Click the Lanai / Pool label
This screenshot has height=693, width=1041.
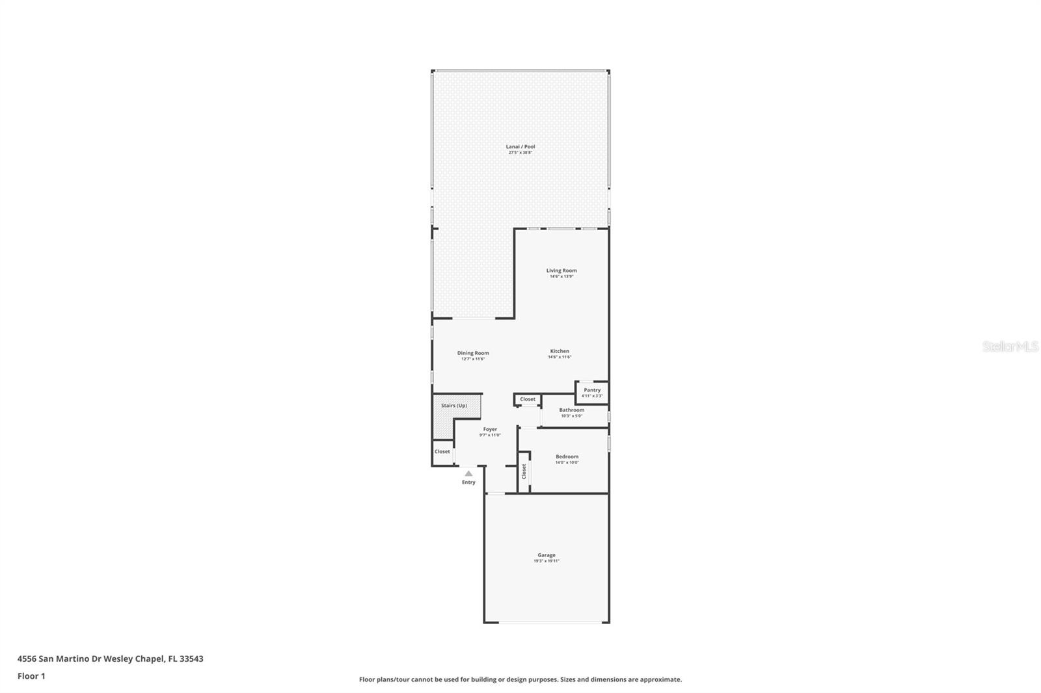(x=520, y=147)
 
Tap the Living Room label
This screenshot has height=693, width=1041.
(x=561, y=270)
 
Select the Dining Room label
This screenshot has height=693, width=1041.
(x=473, y=353)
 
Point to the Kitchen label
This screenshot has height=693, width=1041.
(x=560, y=351)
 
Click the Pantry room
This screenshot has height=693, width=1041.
(x=592, y=392)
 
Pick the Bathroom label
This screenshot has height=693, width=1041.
(x=572, y=410)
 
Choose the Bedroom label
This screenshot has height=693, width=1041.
(x=567, y=456)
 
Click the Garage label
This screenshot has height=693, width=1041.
(x=547, y=555)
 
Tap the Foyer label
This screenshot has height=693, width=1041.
(x=490, y=429)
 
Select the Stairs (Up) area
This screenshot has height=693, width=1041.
(x=454, y=406)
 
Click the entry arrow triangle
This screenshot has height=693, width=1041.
(x=468, y=473)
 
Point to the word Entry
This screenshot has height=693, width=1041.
(x=468, y=482)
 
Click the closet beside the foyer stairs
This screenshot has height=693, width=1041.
(x=442, y=452)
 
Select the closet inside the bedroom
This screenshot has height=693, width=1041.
(x=524, y=472)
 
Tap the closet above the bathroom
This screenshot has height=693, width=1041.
(x=528, y=399)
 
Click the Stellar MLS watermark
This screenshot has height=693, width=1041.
(x=1010, y=347)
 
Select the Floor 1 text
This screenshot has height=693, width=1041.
(x=31, y=676)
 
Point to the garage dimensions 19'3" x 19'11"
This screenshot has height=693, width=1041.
(x=547, y=561)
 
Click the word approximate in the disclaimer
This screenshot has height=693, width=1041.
(x=660, y=679)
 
